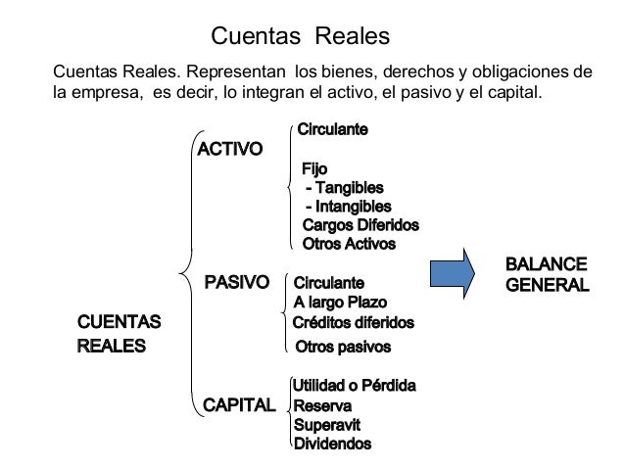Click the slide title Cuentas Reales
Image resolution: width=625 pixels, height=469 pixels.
coord(301,36)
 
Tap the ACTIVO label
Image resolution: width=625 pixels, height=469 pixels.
coord(230,150)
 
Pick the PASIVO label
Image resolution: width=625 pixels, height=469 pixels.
coord(235,283)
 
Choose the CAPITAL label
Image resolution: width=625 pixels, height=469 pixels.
coord(238,403)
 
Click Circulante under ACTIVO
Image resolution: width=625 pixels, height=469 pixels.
coord(333,129)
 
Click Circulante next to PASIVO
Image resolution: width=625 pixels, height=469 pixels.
coord(329,284)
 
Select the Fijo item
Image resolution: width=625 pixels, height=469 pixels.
coord(315,169)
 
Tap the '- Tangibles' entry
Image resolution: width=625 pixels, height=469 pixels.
coord(345,188)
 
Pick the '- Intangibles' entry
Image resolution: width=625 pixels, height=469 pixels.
coord(349,207)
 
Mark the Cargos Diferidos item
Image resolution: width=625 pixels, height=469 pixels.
coord(361,225)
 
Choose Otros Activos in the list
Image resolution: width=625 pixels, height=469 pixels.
coord(349,244)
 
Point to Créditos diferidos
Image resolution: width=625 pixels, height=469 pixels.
coord(354,322)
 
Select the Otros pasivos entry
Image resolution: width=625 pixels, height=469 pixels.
coord(343,347)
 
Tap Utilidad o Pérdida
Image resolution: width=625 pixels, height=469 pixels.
coord(355,387)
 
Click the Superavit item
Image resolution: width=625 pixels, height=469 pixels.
coord(328,424)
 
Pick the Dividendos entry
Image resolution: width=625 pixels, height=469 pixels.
coord(333,444)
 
